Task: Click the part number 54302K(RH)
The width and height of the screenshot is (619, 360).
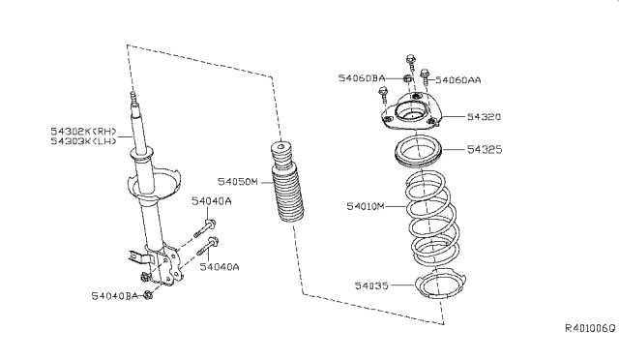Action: tap(84, 132)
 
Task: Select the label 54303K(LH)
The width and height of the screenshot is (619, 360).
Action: tap(84, 141)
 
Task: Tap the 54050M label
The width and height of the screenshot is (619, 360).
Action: tap(238, 182)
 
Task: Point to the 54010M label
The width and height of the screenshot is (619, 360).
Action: tap(366, 206)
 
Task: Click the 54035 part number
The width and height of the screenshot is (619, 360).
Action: tap(371, 285)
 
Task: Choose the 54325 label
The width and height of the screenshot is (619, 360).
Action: tap(485, 149)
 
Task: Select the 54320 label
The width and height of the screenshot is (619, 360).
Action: tap(484, 116)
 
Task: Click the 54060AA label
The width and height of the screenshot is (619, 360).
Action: tap(458, 80)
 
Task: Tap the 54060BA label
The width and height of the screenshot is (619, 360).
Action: tap(361, 78)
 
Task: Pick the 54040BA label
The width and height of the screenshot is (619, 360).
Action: tap(115, 296)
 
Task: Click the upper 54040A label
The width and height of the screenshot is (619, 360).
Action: tap(212, 201)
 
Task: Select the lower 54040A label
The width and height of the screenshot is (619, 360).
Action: tap(220, 267)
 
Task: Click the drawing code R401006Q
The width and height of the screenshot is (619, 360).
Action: tap(591, 328)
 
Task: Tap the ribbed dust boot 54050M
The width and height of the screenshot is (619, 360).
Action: tap(286, 183)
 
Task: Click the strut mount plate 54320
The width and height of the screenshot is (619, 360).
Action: tap(411, 111)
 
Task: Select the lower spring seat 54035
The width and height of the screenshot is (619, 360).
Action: tap(441, 283)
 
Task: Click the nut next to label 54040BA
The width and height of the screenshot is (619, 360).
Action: tap(148, 295)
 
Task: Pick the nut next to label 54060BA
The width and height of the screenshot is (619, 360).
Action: tap(407, 78)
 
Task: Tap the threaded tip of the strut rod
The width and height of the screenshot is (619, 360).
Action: tap(133, 98)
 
